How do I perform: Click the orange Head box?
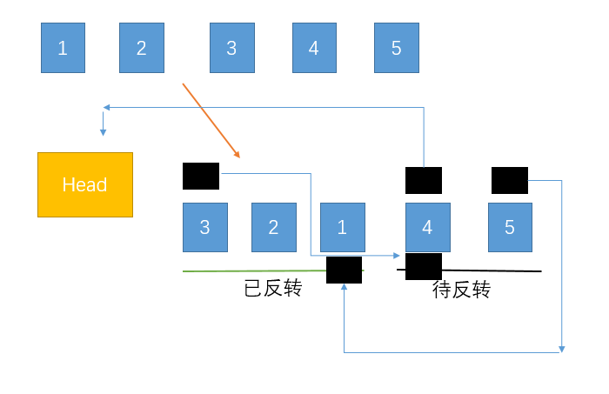pos(85,184)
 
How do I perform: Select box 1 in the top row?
pos(63,48)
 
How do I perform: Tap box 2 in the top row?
pos(142,48)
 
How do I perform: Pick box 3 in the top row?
pos(231,48)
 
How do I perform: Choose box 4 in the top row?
pos(314,48)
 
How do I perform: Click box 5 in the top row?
pos(396,48)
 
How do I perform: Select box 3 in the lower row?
pos(204,227)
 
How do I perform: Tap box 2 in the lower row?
pos(273,227)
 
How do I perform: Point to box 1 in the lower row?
pos(342,227)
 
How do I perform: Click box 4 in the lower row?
pos(427,227)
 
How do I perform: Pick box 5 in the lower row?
pos(510,227)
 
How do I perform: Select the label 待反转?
pos(461,290)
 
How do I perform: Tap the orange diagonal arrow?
pos(211,120)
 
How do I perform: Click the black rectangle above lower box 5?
pos(510,180)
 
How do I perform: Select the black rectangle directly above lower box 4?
pos(424,180)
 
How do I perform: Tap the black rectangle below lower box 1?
pos(344,270)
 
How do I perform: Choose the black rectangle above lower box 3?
pos(201,176)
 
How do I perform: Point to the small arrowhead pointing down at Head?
pos(103,132)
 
